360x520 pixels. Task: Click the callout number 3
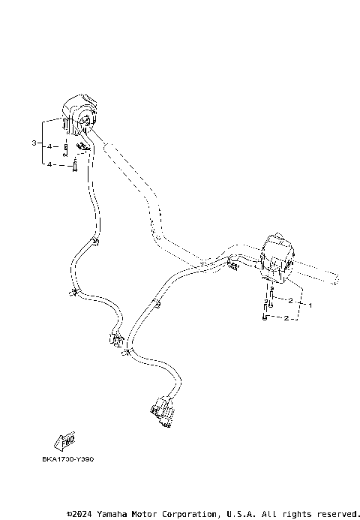[34, 143]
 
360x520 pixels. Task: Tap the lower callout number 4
[49, 164]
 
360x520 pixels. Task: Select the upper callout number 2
[289, 300]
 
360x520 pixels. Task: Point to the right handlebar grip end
[330, 281]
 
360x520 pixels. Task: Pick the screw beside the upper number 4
[66, 148]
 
